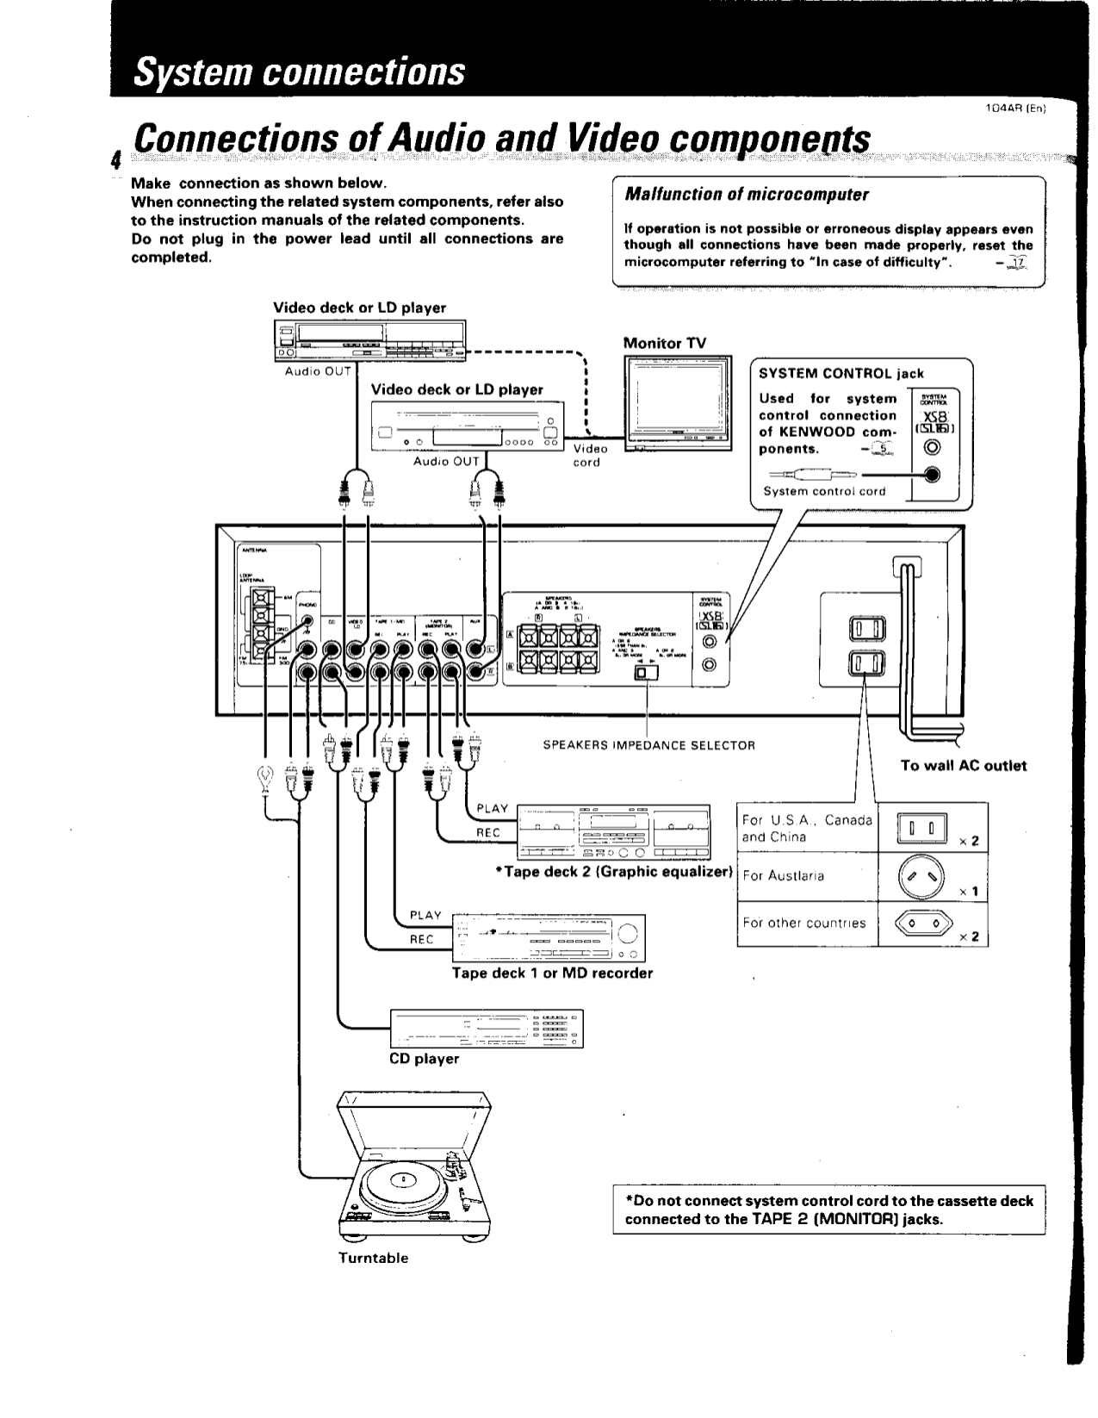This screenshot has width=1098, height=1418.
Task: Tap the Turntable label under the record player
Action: pyautogui.click(x=373, y=1258)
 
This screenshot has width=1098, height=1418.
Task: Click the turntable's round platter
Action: pyautogui.click(x=402, y=1181)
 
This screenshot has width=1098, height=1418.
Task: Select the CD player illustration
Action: pyautogui.click(x=487, y=1028)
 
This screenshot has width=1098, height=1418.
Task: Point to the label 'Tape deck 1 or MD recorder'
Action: pyautogui.click(x=552, y=973)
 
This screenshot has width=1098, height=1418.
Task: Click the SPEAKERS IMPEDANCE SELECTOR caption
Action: pyautogui.click(x=648, y=745)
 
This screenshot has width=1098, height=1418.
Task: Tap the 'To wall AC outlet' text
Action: pyautogui.click(x=963, y=765)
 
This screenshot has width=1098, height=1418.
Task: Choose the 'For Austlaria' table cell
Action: pyautogui.click(x=783, y=876)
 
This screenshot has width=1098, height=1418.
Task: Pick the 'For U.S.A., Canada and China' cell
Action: pyautogui.click(x=806, y=829)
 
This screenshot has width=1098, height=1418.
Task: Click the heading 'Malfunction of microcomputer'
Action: pyautogui.click(x=746, y=194)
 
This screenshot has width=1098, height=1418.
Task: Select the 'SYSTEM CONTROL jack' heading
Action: pyautogui.click(x=841, y=373)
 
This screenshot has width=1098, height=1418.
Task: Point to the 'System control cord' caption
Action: pyautogui.click(x=824, y=491)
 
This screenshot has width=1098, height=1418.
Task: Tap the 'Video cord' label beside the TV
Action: pyautogui.click(x=590, y=455)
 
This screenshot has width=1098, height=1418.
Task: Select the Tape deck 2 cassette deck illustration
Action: pyautogui.click(x=613, y=831)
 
